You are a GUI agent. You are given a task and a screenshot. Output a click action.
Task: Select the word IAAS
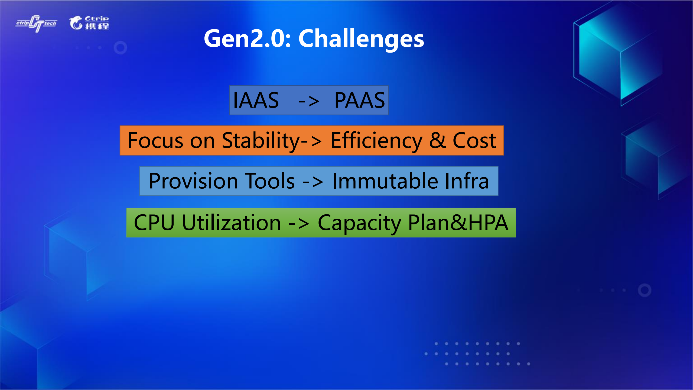[x=256, y=100]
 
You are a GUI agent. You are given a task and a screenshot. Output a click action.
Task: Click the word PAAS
[x=360, y=100]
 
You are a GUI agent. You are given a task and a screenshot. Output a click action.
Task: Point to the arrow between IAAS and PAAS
[x=309, y=101]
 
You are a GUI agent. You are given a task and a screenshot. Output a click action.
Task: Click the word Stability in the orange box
[x=261, y=141]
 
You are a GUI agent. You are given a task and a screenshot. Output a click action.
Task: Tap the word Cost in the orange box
[x=474, y=141]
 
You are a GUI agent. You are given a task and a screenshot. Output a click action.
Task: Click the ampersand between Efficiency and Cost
[x=438, y=141]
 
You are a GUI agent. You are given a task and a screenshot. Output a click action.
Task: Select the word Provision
[x=193, y=181]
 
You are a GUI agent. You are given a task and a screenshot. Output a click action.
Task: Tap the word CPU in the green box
[x=154, y=223]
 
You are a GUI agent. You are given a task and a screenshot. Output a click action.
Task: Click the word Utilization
[x=231, y=223]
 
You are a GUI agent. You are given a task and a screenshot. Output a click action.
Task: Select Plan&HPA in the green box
[x=458, y=223]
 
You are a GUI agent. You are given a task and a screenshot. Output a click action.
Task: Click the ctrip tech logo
[x=36, y=24]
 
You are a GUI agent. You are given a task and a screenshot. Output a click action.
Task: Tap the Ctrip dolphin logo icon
[x=76, y=23]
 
